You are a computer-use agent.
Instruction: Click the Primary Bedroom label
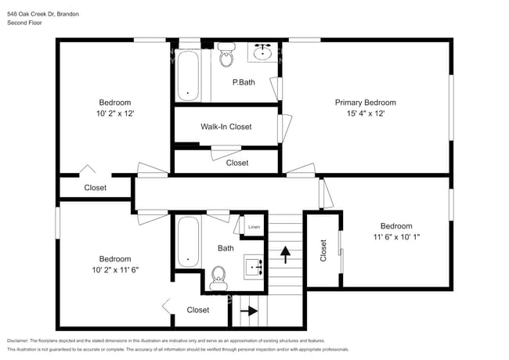tap(365, 103)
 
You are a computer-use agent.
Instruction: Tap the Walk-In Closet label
tap(226, 126)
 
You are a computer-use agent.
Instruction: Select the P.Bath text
tap(244, 82)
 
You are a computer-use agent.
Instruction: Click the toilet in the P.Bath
tap(228, 56)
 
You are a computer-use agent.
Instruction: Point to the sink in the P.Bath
tap(262, 53)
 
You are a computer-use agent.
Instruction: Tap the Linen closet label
tap(254, 227)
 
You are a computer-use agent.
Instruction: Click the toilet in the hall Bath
tap(218, 275)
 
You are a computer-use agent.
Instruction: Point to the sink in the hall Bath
tap(255, 268)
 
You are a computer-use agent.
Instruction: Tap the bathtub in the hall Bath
tap(188, 241)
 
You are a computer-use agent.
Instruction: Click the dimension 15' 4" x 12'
tap(365, 113)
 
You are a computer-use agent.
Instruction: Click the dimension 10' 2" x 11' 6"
tap(114, 270)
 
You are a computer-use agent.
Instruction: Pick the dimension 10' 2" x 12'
tap(114, 113)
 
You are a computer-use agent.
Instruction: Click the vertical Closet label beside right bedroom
tap(323, 250)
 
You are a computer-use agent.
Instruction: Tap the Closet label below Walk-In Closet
tap(237, 163)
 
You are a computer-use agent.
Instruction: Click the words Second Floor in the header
tap(25, 23)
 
